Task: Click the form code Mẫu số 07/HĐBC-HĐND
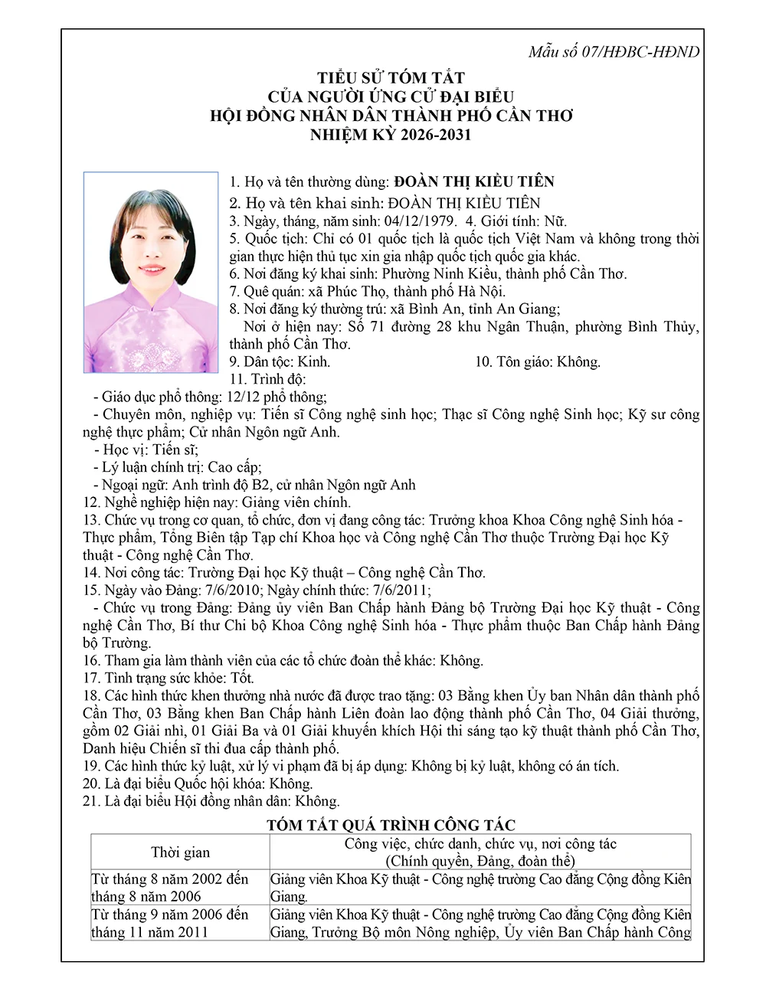(x=614, y=52)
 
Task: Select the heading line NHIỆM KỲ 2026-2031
(x=390, y=135)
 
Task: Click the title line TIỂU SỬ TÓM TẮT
(x=391, y=78)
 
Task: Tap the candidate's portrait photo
(x=151, y=272)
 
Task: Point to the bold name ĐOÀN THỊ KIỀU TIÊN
(x=474, y=182)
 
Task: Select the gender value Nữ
(x=555, y=221)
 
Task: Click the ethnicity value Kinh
(x=313, y=361)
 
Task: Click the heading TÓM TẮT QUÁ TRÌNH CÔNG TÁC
(x=391, y=825)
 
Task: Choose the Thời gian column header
(x=180, y=852)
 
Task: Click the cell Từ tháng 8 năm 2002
(x=170, y=879)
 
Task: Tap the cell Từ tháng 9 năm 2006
(x=170, y=914)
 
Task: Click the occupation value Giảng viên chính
(x=296, y=502)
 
